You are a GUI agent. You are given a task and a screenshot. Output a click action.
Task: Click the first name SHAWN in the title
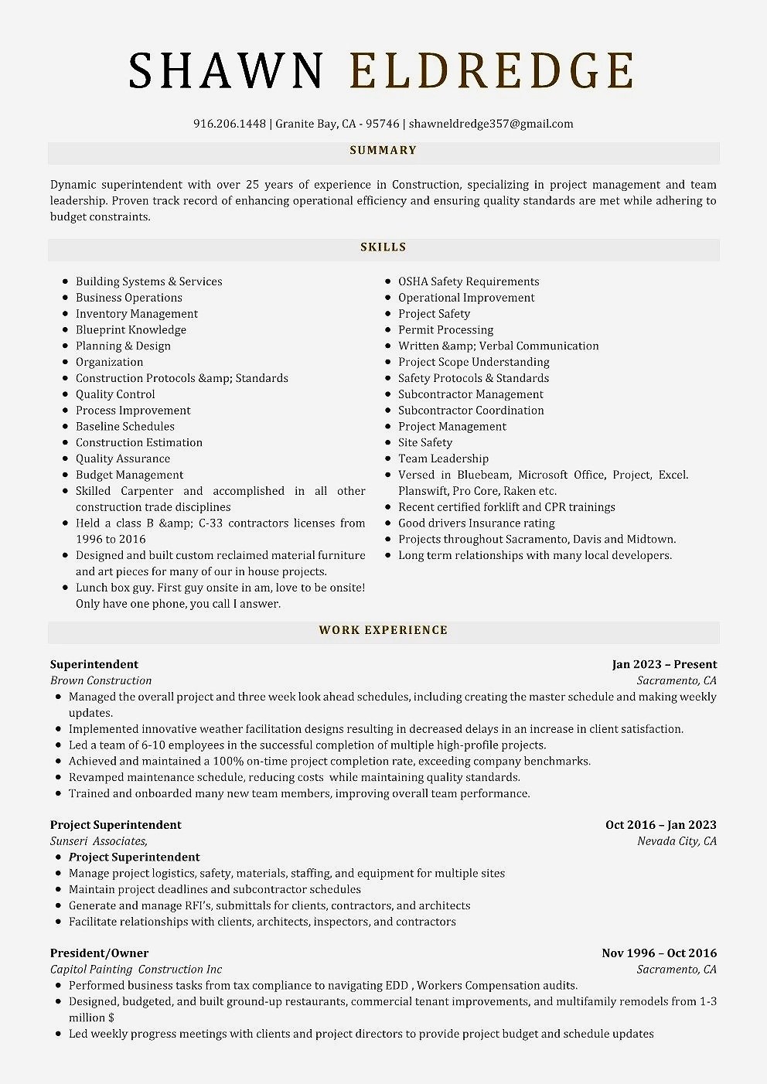[226, 70]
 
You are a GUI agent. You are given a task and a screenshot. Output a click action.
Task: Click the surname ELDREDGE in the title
[492, 70]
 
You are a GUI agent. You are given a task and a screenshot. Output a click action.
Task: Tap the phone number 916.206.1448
[230, 124]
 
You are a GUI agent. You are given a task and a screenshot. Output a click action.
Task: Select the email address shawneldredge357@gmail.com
[491, 124]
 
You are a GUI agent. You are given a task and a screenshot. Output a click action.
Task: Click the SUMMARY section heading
[383, 151]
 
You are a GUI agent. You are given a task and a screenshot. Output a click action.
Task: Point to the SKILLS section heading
[383, 247]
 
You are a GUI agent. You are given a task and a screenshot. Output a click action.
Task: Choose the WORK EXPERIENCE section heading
[383, 630]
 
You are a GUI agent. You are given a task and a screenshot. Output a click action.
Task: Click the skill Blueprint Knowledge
[131, 330]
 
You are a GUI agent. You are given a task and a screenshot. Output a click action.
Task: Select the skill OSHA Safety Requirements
[469, 281]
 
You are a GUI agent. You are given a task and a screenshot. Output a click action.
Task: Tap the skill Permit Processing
[445, 330]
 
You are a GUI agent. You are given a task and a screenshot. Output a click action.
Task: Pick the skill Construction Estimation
[139, 443]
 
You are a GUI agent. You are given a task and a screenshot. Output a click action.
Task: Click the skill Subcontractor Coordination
[471, 411]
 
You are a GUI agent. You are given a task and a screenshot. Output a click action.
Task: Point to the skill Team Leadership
[443, 459]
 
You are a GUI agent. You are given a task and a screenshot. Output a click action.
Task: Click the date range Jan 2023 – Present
[664, 665]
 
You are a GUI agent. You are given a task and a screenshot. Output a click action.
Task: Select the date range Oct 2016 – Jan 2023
[660, 825]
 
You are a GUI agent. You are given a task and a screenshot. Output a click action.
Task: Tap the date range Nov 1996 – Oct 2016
[659, 953]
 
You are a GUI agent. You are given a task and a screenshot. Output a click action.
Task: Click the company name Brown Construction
[101, 681]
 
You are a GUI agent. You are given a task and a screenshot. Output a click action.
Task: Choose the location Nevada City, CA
[677, 841]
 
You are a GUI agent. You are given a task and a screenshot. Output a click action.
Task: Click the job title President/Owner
[99, 953]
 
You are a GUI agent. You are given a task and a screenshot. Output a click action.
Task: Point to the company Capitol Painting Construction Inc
[136, 970]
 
